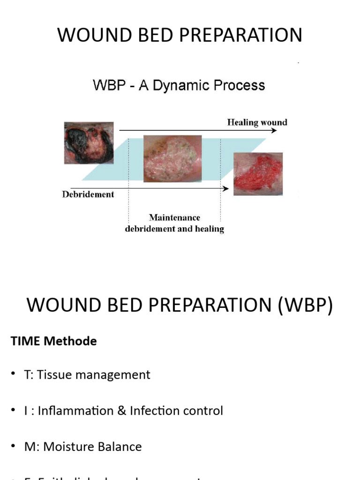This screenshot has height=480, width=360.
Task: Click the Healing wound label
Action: point(257,122)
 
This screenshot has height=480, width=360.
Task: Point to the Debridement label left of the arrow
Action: point(88,194)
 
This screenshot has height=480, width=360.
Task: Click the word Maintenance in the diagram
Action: point(174,217)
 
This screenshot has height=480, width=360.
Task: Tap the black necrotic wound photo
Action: point(88,142)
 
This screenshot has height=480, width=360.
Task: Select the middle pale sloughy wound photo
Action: point(172,158)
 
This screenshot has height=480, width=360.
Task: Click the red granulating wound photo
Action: point(258,173)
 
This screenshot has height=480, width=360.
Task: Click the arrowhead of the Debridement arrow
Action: point(226,188)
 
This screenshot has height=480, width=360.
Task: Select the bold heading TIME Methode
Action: point(53,341)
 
